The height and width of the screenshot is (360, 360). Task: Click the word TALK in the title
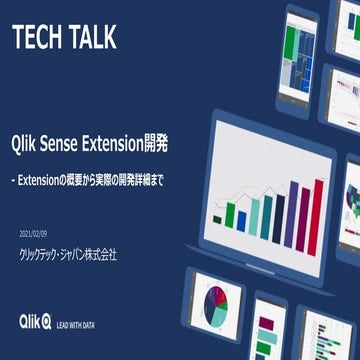(x=91, y=38)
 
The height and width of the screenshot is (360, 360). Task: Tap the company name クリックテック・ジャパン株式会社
(x=68, y=254)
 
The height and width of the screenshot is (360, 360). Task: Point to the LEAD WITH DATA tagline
(x=82, y=323)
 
